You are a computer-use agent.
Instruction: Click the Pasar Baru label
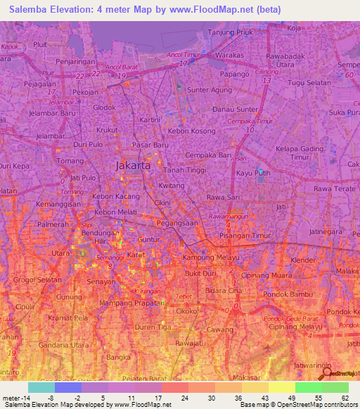coord(151,145)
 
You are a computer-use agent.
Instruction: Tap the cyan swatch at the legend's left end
coord(41,387)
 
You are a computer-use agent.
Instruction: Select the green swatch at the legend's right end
coord(335,387)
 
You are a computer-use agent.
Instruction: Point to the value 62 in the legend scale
coord(345,398)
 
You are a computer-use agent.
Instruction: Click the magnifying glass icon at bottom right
coord(324,374)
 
